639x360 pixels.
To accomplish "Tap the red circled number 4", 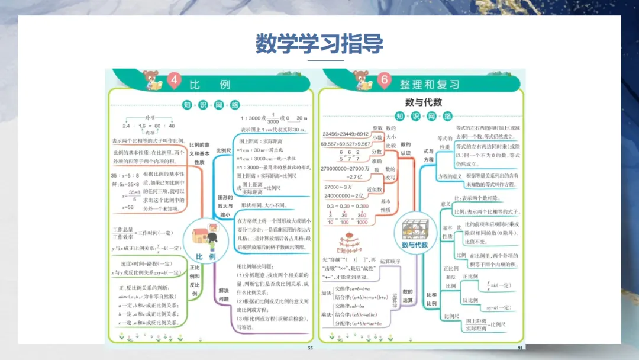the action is [x=174, y=81].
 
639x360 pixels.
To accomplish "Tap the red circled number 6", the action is [x=385, y=81].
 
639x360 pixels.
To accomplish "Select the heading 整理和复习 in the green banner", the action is [x=429, y=83].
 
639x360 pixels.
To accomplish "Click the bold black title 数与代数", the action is [x=423, y=102].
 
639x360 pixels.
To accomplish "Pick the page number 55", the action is [x=310, y=348].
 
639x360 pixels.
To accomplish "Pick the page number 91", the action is [x=520, y=348].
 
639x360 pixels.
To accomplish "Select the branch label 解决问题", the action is [x=223, y=295].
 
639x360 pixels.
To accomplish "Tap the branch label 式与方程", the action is [x=428, y=155].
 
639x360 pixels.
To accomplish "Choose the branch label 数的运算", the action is [x=408, y=295].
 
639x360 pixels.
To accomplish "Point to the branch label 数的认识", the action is [x=406, y=149].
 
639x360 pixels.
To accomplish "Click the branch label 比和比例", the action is [x=431, y=299].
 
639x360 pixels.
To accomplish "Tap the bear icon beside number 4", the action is [x=151, y=80].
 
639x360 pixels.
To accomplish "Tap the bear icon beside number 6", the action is [x=362, y=80].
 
